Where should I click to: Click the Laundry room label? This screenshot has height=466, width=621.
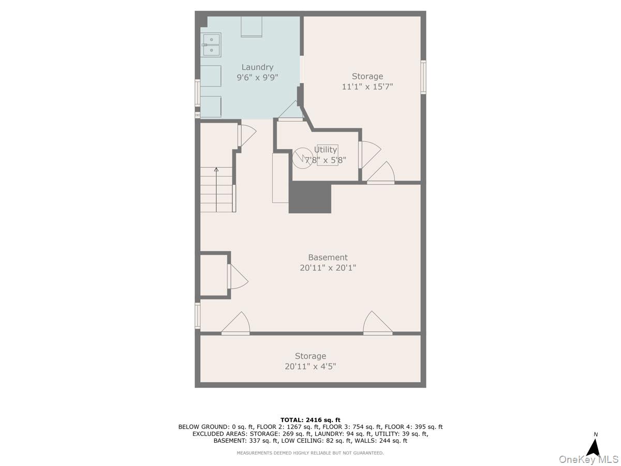(x=257, y=67)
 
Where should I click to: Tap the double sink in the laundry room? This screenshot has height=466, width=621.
(x=211, y=45)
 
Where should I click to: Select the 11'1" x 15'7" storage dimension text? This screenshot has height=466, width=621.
(x=367, y=86)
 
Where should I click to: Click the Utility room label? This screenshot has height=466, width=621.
(x=326, y=150)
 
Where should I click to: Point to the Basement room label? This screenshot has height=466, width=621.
(x=328, y=257)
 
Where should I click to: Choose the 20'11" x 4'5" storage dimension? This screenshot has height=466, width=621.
(x=310, y=367)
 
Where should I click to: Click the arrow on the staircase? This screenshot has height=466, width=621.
(x=216, y=190)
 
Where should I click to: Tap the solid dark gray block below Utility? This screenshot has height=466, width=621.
(x=310, y=197)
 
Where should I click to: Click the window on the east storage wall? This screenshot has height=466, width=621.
(x=423, y=77)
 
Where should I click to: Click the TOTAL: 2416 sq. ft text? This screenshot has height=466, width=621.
(x=310, y=420)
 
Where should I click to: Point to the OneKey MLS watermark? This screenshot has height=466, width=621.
(x=589, y=459)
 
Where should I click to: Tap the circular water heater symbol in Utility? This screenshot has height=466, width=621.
(x=302, y=158)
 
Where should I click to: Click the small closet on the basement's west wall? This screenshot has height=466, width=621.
(x=214, y=275)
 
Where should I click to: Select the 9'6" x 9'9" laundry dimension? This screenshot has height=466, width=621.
(x=257, y=78)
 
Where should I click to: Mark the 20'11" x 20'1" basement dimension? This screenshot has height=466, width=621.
(x=328, y=268)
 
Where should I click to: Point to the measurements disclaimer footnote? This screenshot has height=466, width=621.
(x=310, y=453)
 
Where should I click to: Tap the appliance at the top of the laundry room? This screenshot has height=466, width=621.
(x=251, y=26)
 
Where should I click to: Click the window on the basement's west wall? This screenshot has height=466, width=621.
(x=198, y=316)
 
